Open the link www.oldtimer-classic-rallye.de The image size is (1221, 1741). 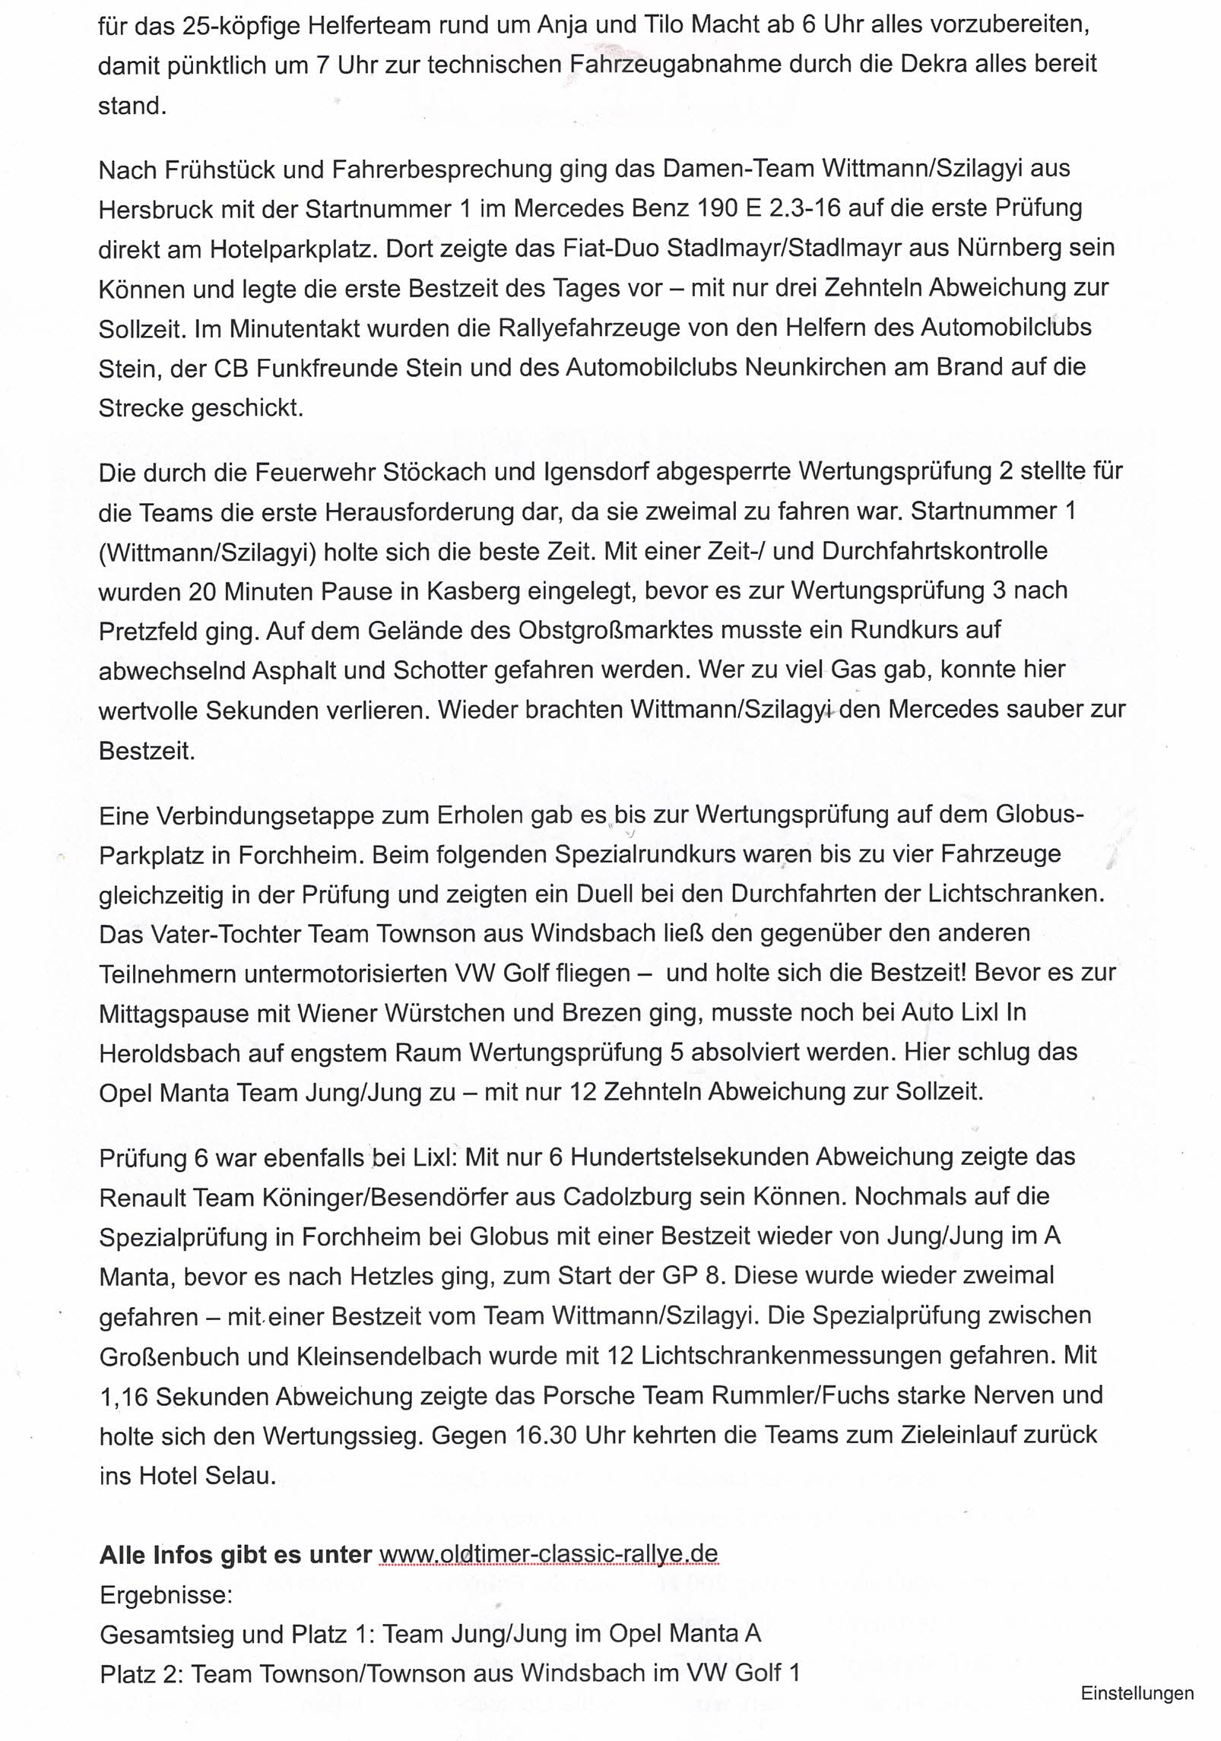pos(548,1555)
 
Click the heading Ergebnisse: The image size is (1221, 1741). pos(166,1594)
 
